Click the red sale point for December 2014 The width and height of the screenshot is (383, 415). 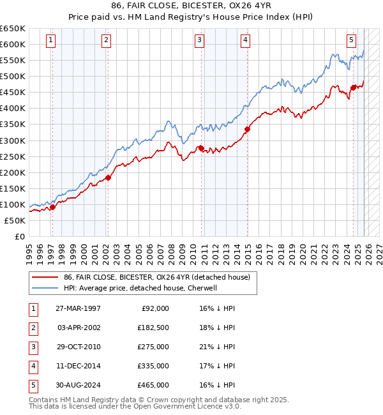tap(247, 129)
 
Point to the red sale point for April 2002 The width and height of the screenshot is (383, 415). tap(108, 177)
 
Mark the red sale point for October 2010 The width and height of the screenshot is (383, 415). tap(201, 148)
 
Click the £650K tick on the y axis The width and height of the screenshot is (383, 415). tap(13, 29)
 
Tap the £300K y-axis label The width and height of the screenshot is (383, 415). tap(13, 140)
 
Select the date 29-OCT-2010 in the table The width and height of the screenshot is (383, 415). tap(78, 347)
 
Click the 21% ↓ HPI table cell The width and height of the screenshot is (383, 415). tap(217, 347)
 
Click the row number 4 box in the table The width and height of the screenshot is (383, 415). tap(32, 366)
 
